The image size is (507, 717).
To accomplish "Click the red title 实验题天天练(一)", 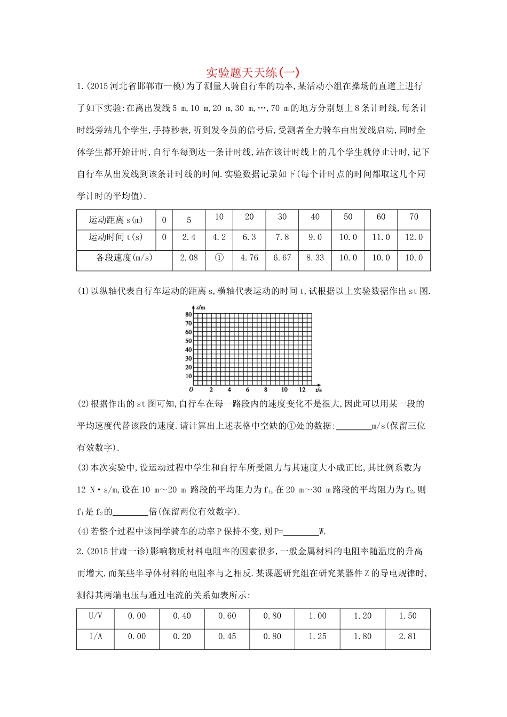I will [x=253, y=72].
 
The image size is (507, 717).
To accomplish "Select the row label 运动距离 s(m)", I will [x=116, y=220].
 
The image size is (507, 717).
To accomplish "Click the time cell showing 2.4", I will [x=189, y=237].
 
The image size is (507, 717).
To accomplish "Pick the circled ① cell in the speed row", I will [x=219, y=258].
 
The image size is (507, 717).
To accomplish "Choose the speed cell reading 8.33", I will [x=315, y=258].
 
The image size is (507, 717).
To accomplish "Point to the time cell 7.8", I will [x=282, y=237].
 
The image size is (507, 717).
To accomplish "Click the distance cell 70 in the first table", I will [x=414, y=217].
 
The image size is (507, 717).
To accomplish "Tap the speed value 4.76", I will [x=249, y=258].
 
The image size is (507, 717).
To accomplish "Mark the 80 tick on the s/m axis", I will [x=188, y=315].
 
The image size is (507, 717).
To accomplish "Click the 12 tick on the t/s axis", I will [x=303, y=390].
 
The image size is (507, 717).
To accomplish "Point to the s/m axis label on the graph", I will [x=201, y=308].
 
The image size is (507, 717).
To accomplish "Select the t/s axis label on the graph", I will [x=318, y=390].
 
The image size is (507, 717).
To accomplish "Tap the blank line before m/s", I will [x=354, y=426].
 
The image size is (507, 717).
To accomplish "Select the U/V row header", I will [x=96, y=616].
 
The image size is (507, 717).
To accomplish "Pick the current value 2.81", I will [x=408, y=636].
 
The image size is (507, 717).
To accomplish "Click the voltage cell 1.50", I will [x=408, y=616].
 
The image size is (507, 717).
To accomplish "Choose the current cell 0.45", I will [x=227, y=636].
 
